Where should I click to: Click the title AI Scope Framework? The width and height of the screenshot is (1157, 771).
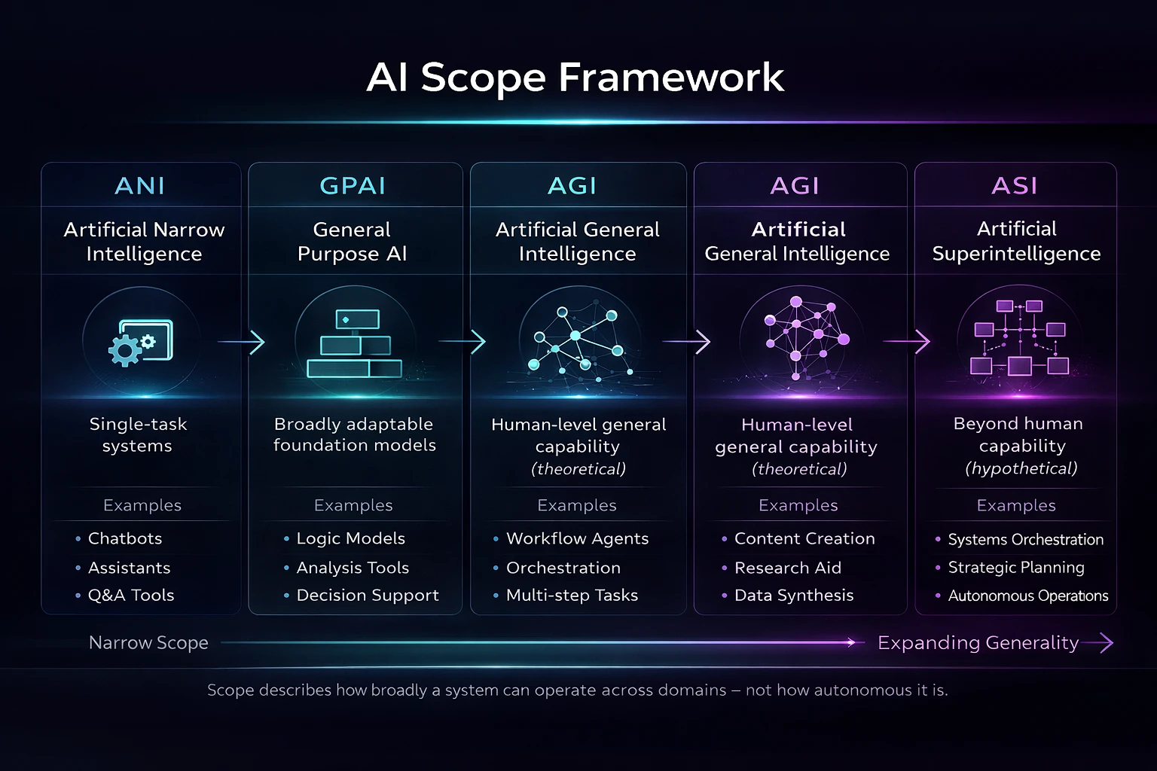[575, 78]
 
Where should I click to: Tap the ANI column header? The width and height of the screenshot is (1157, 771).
[139, 186]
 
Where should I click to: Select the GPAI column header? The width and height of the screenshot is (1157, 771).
[353, 186]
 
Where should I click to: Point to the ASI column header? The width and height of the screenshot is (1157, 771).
[1015, 186]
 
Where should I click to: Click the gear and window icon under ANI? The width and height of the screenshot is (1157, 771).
[141, 343]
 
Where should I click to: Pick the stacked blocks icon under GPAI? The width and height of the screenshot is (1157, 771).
[354, 343]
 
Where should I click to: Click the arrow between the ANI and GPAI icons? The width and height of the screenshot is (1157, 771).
[241, 341]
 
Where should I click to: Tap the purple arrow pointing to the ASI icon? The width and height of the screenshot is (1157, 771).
[906, 341]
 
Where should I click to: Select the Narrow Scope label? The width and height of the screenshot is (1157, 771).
[148, 643]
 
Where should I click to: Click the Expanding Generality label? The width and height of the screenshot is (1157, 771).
[978, 643]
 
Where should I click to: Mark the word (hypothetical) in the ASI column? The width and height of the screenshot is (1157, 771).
[1021, 468]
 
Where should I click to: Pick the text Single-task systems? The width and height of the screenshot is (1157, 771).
[138, 435]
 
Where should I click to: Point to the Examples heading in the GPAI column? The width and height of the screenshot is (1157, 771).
[353, 505]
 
